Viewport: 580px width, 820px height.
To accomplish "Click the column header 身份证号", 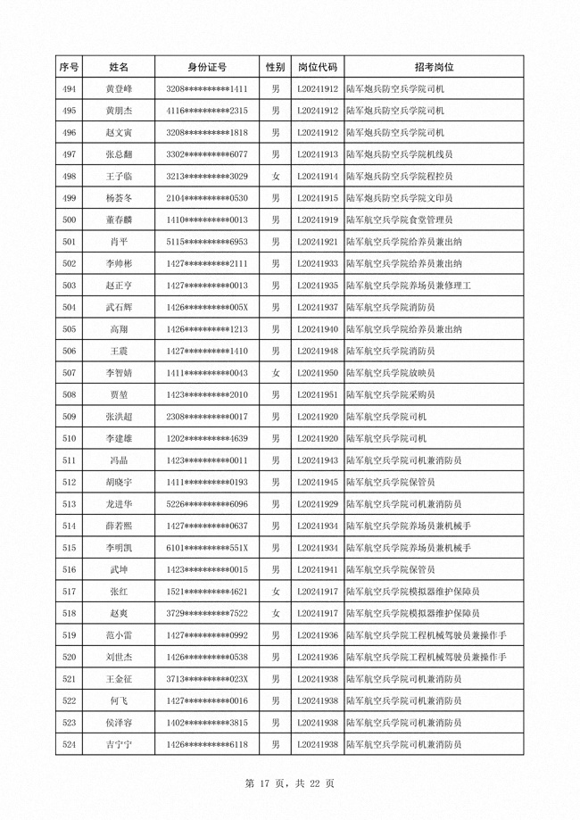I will click(x=207, y=67).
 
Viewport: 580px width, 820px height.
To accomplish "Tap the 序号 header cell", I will click(x=70, y=67).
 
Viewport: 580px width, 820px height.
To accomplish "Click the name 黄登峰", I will click(x=119, y=89).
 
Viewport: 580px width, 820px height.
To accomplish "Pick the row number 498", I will click(x=70, y=176).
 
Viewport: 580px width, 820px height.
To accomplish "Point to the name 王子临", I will click(x=119, y=176).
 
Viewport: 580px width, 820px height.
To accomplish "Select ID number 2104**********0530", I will click(x=207, y=198).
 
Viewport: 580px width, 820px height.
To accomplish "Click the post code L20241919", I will click(x=317, y=219).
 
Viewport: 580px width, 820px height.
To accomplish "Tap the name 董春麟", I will click(x=119, y=219).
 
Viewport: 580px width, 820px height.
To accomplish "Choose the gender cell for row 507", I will click(x=276, y=372).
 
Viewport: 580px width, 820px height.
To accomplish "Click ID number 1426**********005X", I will click(x=207, y=307).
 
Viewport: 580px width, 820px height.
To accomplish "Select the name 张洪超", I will click(x=119, y=416).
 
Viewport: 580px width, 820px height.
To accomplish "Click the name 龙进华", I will click(x=119, y=503).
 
